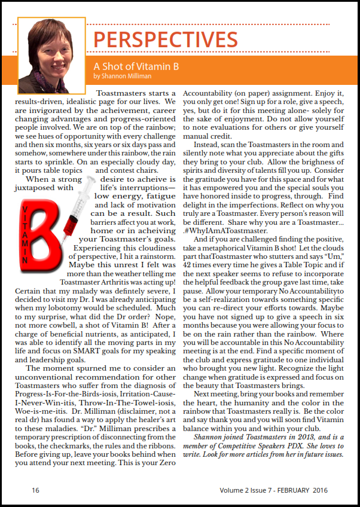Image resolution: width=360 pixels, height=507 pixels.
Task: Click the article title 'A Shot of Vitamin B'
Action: [x=136, y=66]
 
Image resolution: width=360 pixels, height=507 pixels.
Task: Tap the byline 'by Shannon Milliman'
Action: [x=123, y=76]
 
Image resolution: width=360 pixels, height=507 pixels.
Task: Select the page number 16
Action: [x=35, y=490]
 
